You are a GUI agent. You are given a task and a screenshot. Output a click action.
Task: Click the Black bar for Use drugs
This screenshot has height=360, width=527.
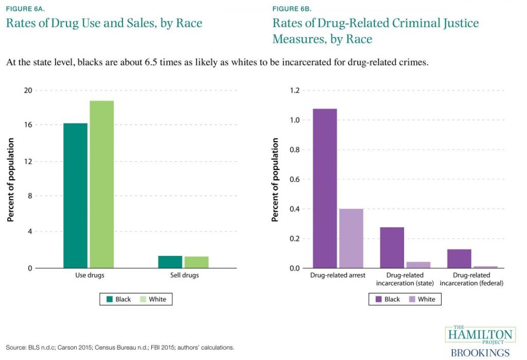click(75, 196)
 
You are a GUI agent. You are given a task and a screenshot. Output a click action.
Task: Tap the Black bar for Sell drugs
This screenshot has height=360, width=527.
click(170, 262)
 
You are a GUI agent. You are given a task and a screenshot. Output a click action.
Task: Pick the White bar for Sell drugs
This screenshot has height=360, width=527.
click(196, 262)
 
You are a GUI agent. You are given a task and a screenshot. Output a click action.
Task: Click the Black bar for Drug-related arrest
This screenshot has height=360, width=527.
click(324, 188)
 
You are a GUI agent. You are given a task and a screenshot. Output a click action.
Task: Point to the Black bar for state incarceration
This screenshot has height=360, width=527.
click(392, 248)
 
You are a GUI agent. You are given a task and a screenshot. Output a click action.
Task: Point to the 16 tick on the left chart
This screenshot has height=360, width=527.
click(28, 125)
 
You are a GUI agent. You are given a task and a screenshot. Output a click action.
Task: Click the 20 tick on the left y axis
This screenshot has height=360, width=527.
click(28, 91)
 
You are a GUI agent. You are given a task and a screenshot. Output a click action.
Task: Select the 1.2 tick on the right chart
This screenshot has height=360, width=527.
click(294, 91)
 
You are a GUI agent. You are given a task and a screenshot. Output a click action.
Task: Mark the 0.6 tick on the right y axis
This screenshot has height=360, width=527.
click(294, 180)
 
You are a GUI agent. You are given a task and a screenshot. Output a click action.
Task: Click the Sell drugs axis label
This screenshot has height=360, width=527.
click(184, 276)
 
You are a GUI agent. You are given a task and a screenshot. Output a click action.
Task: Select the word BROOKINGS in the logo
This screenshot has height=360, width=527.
click(480, 353)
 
